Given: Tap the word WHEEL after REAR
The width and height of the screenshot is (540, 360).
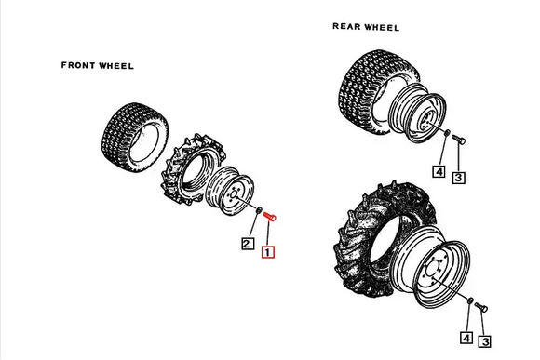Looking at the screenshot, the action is coord(383,27).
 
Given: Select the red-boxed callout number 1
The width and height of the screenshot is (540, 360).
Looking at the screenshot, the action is coord(268,252).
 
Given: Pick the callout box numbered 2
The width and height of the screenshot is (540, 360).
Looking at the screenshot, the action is coord(248,244).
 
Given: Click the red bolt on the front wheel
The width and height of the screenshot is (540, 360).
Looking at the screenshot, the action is coord(270,217).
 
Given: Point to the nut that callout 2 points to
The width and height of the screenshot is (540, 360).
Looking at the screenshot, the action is coord(259,209).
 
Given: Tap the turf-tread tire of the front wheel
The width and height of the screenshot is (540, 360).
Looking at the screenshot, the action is coord(135,137).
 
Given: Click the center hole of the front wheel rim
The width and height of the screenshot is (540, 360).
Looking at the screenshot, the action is coord(232,196).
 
